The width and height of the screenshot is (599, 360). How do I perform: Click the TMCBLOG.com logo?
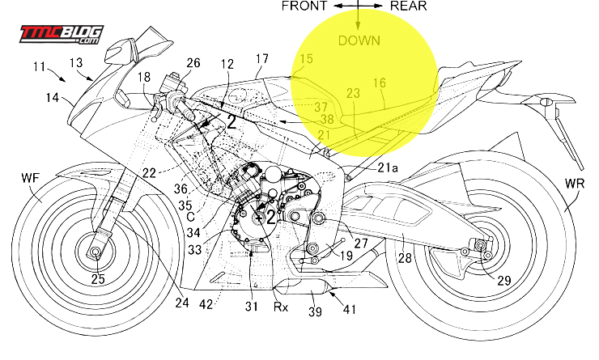(x=61, y=34)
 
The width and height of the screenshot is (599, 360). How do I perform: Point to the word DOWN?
(x=359, y=40)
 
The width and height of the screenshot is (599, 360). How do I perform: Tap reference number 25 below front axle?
(x=98, y=279)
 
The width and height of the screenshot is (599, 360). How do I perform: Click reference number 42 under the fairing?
(x=206, y=304)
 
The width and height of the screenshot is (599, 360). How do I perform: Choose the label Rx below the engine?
(x=279, y=307)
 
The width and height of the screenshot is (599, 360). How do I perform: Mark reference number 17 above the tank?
(x=261, y=58)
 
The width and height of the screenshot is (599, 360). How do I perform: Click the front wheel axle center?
(x=96, y=254)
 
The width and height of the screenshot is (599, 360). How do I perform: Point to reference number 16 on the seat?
(x=380, y=83)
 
